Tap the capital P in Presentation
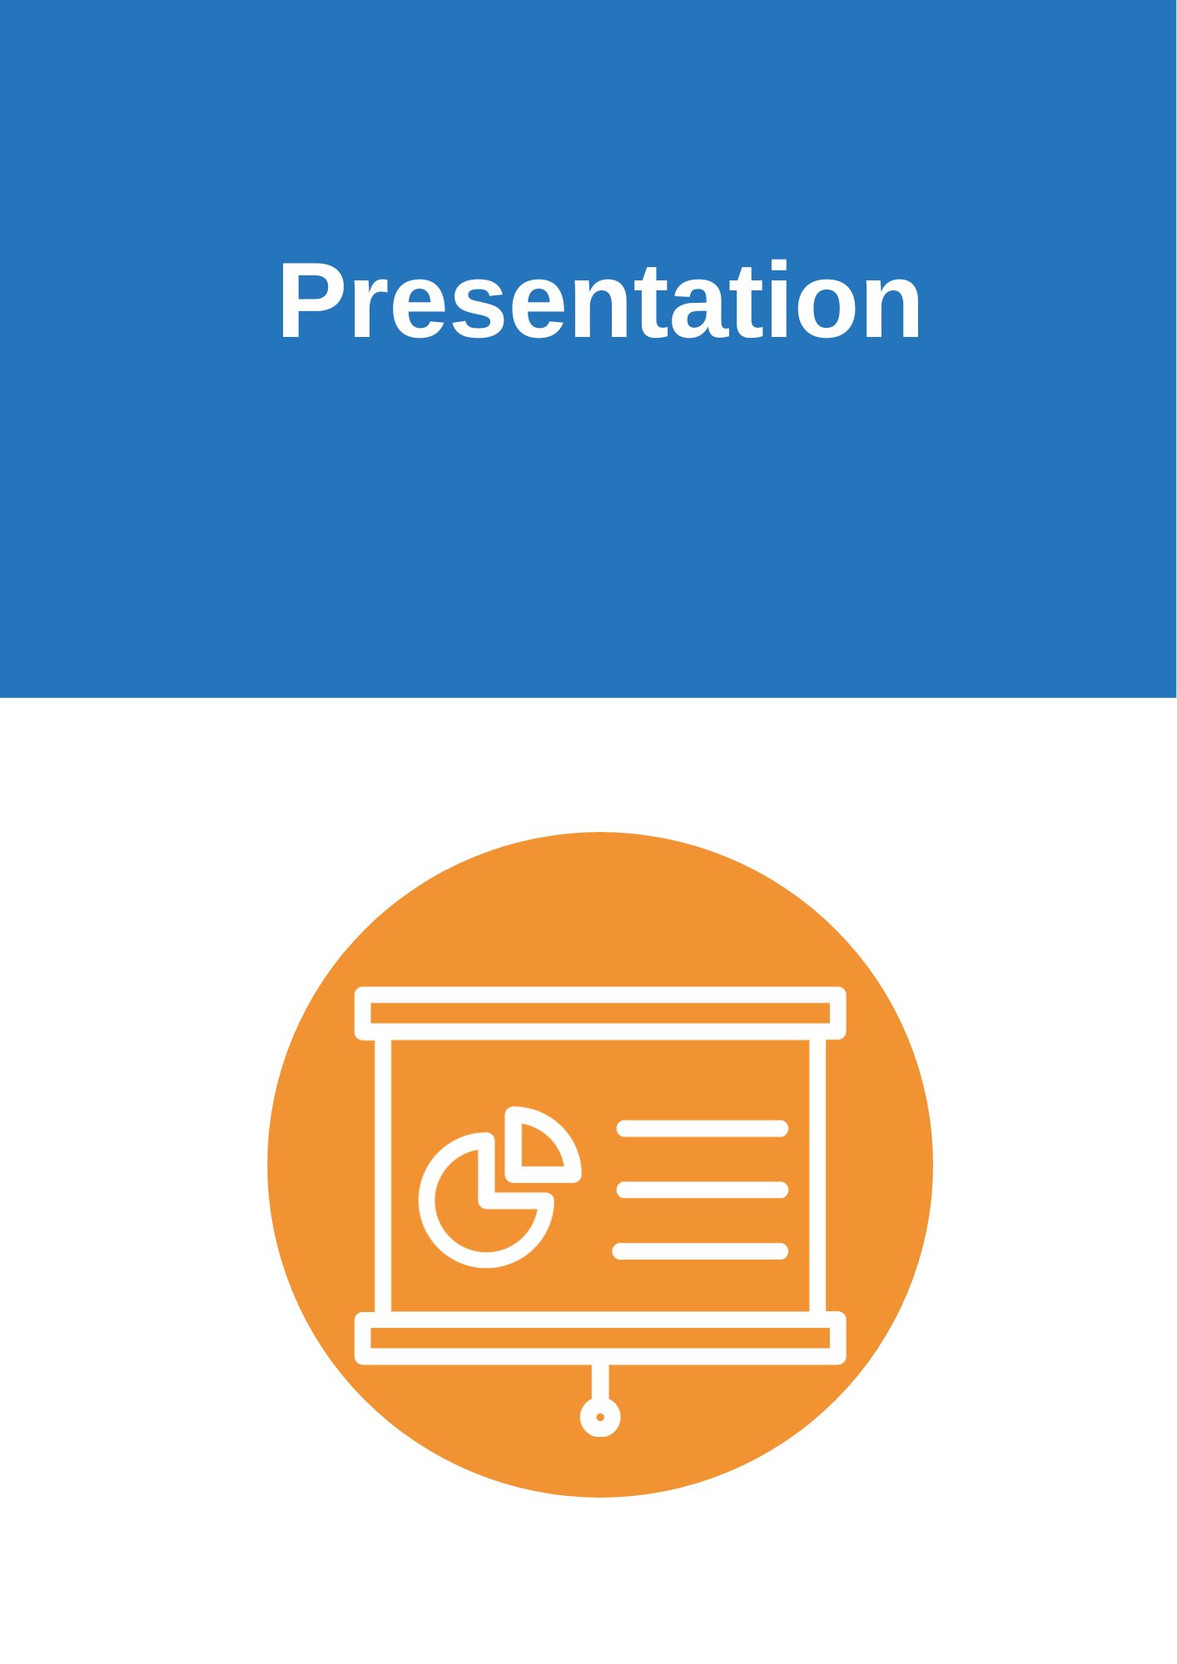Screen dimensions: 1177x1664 point(312,300)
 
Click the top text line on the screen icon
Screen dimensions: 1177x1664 point(703,1128)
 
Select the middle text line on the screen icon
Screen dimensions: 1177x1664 point(703,1190)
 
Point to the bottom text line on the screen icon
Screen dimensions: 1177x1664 point(700,1251)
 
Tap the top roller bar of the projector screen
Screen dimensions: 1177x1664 point(600,1013)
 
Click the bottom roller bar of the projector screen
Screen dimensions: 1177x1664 point(600,1338)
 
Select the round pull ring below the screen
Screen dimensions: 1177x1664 point(600,1417)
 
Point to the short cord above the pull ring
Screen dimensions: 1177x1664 point(600,1381)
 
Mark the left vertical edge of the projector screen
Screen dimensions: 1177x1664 point(383,1176)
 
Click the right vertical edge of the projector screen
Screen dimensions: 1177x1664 point(818,1176)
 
